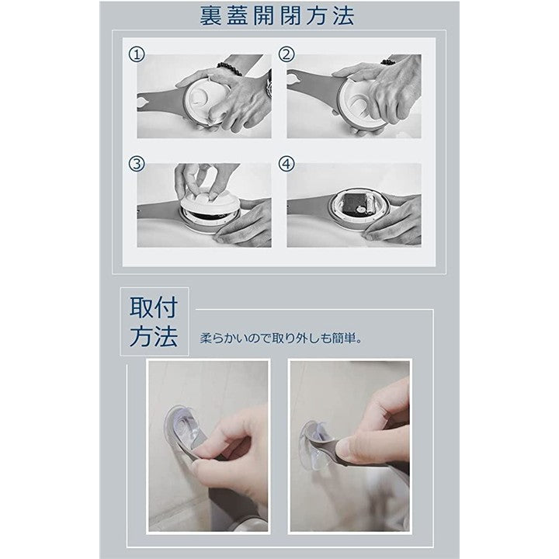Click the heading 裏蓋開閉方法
tap(276, 16)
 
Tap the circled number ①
tap(137, 55)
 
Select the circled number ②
tap(286, 55)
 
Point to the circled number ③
tap(137, 164)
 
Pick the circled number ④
tap(286, 164)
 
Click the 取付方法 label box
tap(155, 321)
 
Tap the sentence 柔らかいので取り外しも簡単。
tap(281, 338)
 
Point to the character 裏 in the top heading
tap(211, 16)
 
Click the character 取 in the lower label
tap(141, 307)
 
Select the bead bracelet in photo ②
tap(388, 62)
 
